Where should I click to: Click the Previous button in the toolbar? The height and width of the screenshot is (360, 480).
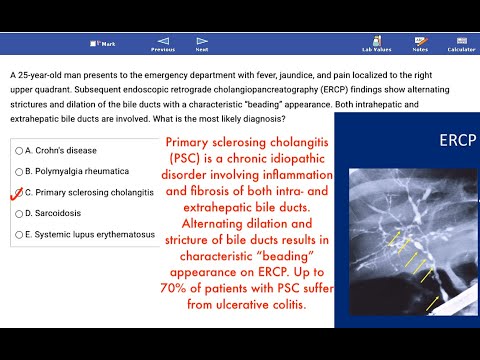pyautogui.click(x=162, y=43)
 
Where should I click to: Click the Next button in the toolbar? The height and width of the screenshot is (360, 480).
pyautogui.click(x=202, y=43)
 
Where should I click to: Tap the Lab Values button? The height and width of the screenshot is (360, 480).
pyautogui.click(x=376, y=43)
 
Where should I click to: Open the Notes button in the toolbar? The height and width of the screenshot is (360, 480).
pyautogui.click(x=420, y=43)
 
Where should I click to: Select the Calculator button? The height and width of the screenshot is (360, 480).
pyautogui.click(x=461, y=43)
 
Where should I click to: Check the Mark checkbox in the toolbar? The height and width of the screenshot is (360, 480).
pyautogui.click(x=93, y=44)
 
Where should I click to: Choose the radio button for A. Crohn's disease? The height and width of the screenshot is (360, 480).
pyautogui.click(x=19, y=149)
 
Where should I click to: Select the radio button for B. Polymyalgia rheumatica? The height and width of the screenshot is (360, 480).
pyautogui.click(x=19, y=170)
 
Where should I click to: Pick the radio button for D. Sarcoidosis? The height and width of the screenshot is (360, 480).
pyautogui.click(x=19, y=213)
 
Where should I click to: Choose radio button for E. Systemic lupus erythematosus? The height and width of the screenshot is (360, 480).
pyautogui.click(x=19, y=234)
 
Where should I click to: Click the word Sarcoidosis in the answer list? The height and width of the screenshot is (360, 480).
pyautogui.click(x=60, y=213)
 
